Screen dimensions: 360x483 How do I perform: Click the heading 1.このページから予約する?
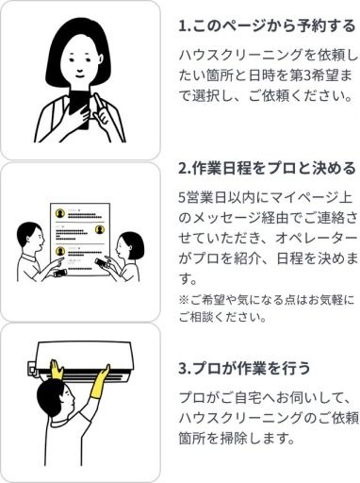[x=267, y=25]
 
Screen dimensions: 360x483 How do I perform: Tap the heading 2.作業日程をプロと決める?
[x=267, y=169]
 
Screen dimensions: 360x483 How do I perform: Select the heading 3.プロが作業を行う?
[x=244, y=368]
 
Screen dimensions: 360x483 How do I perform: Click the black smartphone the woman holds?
[x=79, y=108]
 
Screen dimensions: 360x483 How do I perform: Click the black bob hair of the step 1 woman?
[x=78, y=50]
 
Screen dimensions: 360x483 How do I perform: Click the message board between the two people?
[x=80, y=240]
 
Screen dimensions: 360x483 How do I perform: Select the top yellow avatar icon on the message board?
[x=60, y=214]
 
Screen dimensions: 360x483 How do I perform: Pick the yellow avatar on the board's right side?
[x=100, y=229]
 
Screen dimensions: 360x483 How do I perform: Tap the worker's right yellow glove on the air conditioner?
[x=99, y=381]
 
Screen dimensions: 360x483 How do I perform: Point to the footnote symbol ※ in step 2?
[x=184, y=300]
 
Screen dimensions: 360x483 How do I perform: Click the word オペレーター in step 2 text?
[x=316, y=238]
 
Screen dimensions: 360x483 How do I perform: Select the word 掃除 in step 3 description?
[x=230, y=438]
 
